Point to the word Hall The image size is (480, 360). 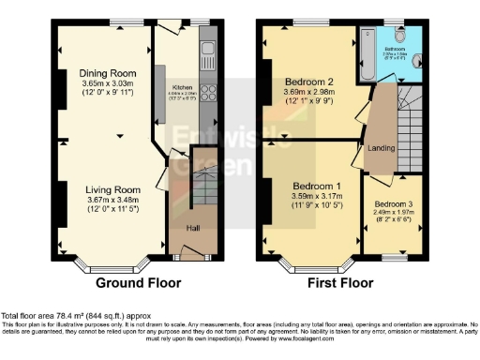[193, 227]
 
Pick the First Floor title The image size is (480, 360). [341, 281]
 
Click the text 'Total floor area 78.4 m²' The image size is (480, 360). [52, 316]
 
